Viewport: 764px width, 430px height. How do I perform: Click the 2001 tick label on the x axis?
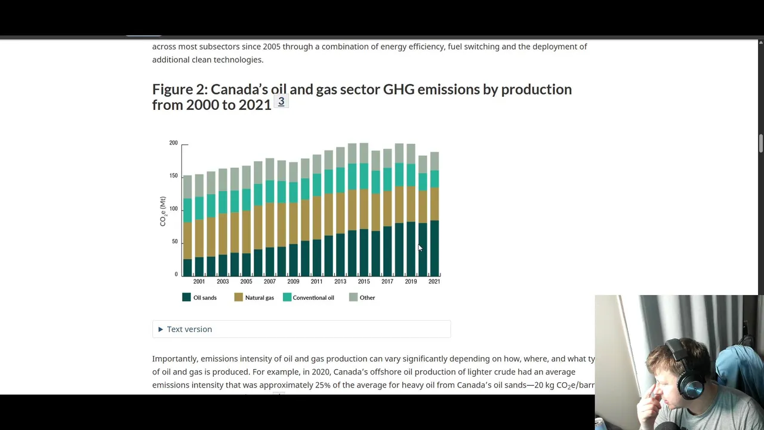(199, 281)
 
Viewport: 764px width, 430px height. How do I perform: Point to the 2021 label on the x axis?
(434, 281)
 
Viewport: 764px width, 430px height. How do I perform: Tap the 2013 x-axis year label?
(340, 281)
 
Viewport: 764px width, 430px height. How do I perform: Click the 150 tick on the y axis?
(173, 176)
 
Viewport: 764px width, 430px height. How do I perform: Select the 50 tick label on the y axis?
(174, 241)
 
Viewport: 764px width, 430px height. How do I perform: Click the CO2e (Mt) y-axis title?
(163, 211)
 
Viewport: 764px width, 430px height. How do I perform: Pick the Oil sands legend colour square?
(186, 297)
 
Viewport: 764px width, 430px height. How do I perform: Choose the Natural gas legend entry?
(259, 297)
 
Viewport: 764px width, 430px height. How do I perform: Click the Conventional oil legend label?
(313, 297)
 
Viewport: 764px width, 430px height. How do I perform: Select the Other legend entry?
(367, 297)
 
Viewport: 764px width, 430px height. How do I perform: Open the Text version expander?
(189, 329)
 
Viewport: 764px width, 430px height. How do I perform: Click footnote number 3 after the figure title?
(281, 102)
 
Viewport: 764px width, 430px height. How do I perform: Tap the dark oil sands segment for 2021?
(434, 248)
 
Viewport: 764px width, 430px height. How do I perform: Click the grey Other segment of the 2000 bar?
(187, 187)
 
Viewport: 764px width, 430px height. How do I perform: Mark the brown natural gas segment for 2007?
(270, 225)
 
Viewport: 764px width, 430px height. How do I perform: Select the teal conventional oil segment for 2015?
(363, 176)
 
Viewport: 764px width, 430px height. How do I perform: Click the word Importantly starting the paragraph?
(175, 358)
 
